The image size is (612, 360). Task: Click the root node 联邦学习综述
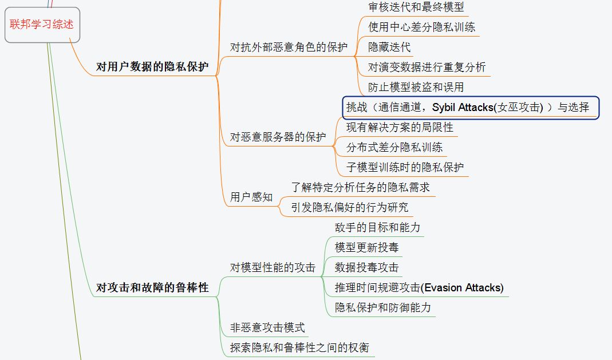(x=42, y=25)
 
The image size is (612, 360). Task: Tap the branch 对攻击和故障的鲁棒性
(x=152, y=287)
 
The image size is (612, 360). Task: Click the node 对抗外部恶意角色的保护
(x=289, y=48)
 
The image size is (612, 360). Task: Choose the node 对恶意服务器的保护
(x=278, y=137)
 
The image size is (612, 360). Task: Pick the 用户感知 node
(x=251, y=197)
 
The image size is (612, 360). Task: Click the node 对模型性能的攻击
(x=273, y=267)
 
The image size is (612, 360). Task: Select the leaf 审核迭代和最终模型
(x=416, y=7)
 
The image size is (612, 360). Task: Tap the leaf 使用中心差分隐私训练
(x=421, y=27)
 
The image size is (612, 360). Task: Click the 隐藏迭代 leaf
(x=389, y=47)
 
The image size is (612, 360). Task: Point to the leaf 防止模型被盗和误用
(x=416, y=87)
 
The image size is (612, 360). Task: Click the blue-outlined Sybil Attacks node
(x=471, y=107)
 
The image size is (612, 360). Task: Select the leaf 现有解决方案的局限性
(x=400, y=127)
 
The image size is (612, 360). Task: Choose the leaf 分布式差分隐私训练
(x=394, y=147)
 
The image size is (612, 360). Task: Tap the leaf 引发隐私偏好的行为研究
(x=349, y=207)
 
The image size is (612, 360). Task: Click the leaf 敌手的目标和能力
(x=377, y=227)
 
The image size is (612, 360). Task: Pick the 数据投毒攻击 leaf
(x=366, y=267)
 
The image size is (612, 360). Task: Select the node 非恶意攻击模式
(x=267, y=328)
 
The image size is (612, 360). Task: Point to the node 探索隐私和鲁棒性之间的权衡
(x=299, y=347)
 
